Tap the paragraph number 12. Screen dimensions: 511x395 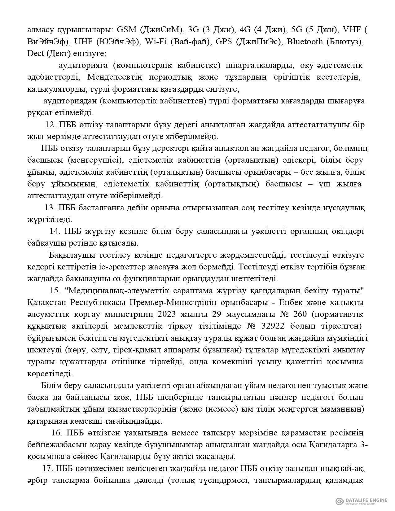[50, 125]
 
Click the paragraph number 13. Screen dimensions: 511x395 [50, 208]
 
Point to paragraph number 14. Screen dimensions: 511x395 [55, 231]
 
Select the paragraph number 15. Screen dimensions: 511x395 [55, 291]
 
